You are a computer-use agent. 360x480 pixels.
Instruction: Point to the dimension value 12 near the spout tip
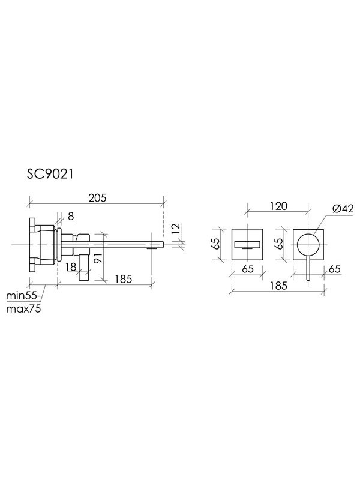(174, 228)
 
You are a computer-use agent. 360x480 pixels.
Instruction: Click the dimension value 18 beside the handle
(71, 266)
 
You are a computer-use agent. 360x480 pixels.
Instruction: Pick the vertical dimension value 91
(97, 259)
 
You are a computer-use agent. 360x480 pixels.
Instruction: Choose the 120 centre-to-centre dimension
(277, 206)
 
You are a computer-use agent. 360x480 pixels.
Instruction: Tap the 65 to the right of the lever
(334, 269)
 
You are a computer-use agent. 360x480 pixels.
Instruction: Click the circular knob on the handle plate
(308, 244)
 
